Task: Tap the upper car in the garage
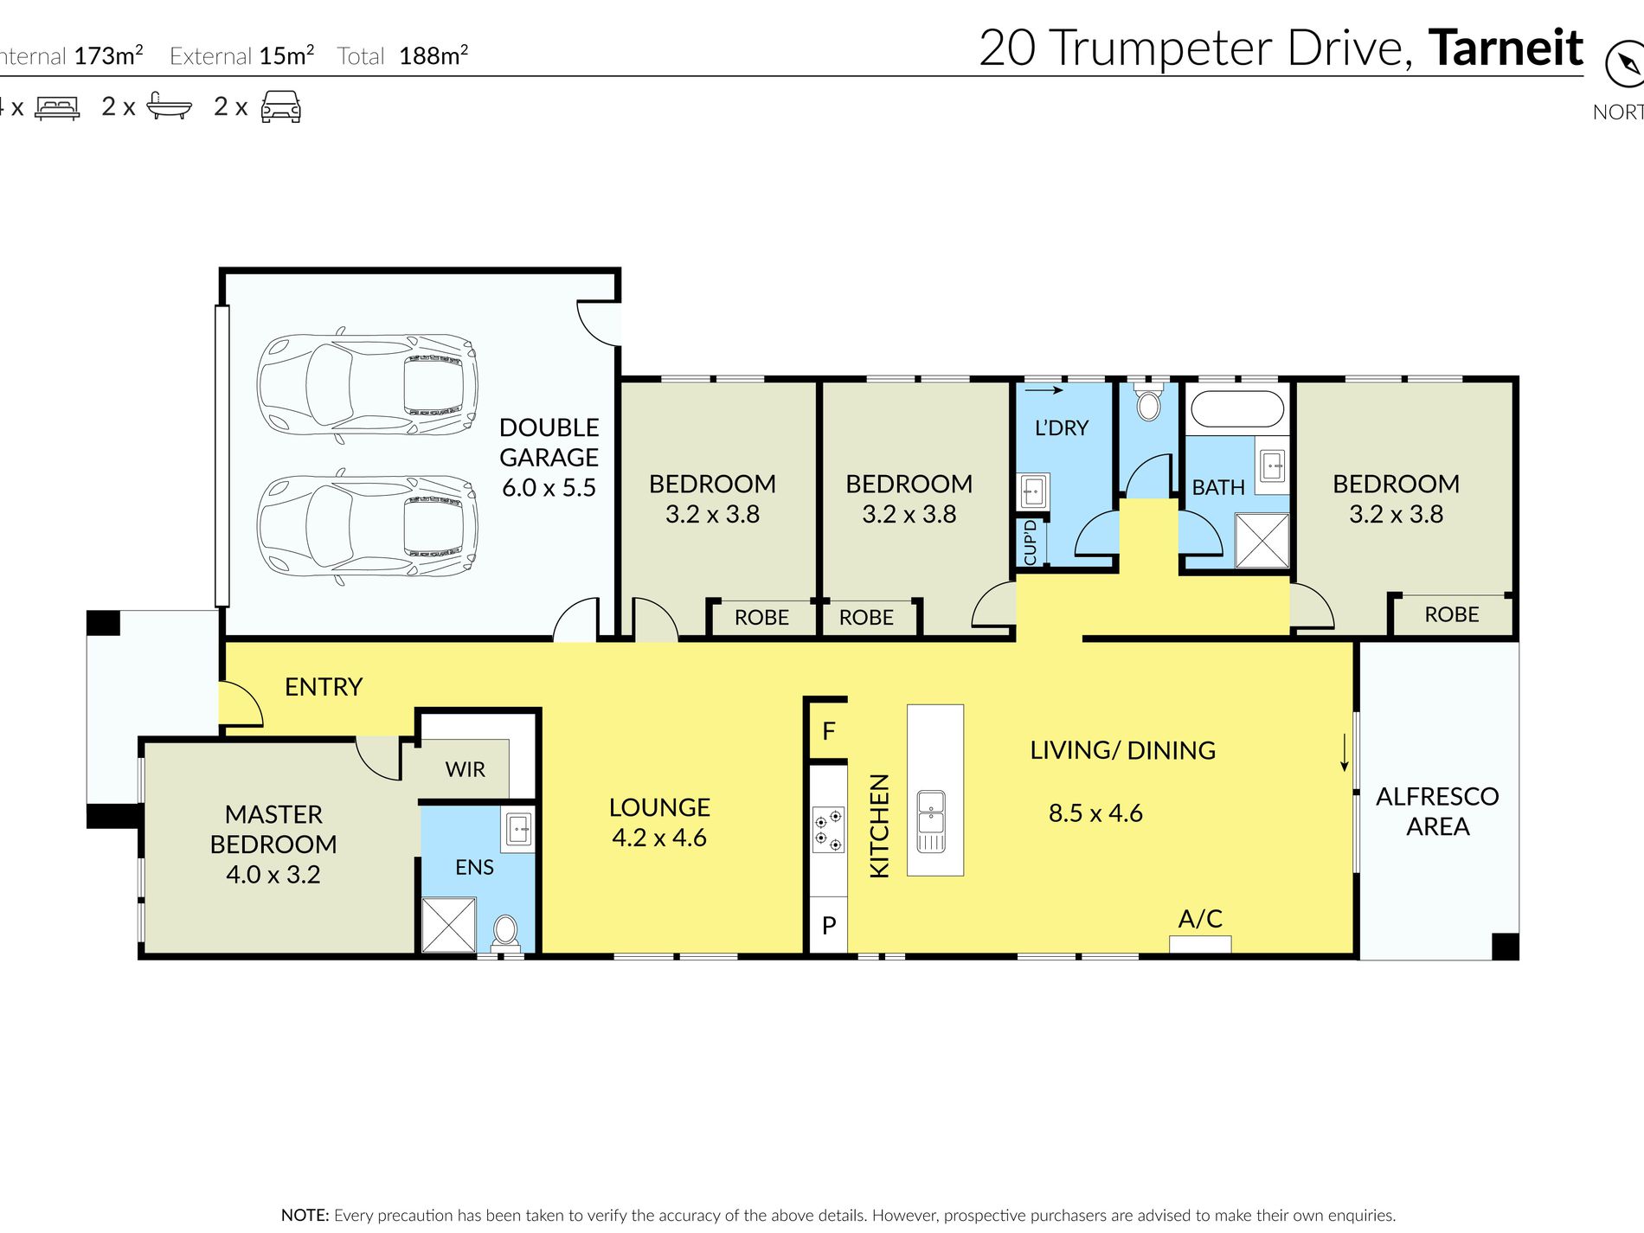tap(368, 383)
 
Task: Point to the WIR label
tap(466, 769)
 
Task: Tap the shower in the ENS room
tap(448, 925)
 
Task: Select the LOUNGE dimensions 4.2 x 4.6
tap(659, 838)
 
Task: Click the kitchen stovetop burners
tap(828, 829)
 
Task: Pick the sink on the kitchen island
tap(931, 821)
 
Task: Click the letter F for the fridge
tap(829, 731)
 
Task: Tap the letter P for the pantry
tap(829, 926)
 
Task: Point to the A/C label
tap(1200, 919)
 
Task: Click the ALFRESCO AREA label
tap(1437, 812)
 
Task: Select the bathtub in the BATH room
tap(1236, 409)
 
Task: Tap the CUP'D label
tap(1030, 543)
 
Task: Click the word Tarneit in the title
tap(1506, 48)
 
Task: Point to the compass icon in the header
tap(1624, 65)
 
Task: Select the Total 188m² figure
tap(403, 55)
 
